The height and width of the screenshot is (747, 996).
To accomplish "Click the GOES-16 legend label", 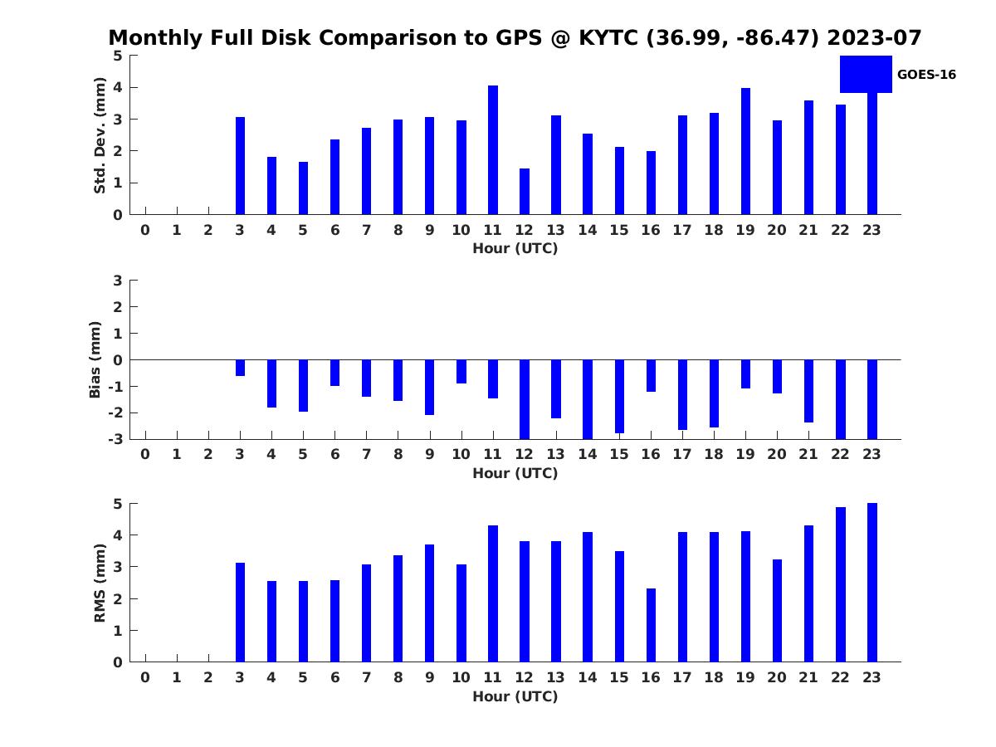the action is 926,75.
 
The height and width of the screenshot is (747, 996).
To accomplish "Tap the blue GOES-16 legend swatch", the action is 866,75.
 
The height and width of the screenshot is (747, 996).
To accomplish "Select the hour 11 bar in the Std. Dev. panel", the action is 493,150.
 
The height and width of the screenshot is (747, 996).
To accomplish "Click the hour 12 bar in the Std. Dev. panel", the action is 525,192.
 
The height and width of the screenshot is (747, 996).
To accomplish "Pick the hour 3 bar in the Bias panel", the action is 240,368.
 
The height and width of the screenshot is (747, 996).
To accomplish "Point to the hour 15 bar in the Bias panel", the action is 619,397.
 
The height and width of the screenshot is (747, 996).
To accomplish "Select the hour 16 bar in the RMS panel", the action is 652,626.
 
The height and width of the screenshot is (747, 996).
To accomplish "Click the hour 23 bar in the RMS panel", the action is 872,583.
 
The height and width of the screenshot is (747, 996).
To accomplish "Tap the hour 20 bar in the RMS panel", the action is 777,611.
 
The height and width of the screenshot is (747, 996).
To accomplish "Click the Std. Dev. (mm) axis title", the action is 100,135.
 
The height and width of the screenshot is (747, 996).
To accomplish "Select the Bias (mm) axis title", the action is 95,359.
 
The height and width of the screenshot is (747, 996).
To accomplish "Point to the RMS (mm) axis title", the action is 100,583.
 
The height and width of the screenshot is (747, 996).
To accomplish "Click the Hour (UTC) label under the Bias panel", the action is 515,473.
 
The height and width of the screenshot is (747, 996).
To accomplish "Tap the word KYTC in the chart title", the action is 608,37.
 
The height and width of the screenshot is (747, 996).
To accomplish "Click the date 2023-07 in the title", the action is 874,37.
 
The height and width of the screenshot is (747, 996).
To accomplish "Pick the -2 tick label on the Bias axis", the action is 115,413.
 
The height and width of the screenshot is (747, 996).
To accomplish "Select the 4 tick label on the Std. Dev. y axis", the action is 118,87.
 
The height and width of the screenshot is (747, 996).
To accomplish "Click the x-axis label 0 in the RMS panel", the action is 145,677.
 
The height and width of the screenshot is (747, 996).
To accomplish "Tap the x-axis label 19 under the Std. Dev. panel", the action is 745,231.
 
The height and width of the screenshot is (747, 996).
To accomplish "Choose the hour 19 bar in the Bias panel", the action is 746,374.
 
